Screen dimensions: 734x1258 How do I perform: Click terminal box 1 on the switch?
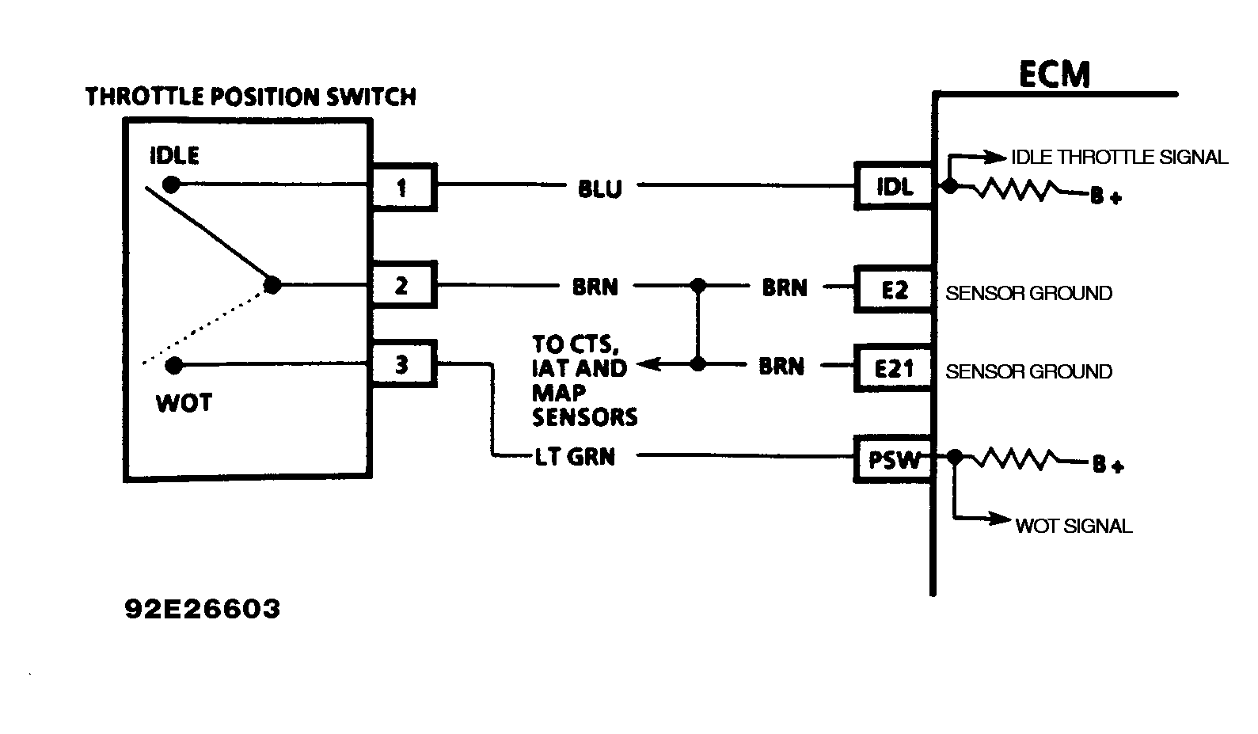(403, 188)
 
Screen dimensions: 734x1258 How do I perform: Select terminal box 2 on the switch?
(403, 285)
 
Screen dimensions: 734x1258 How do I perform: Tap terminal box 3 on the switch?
(403, 364)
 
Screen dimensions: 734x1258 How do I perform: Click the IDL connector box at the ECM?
(894, 186)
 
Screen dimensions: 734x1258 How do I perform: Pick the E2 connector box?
(894, 290)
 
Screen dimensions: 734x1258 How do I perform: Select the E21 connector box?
(894, 368)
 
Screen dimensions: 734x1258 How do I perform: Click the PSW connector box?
(894, 459)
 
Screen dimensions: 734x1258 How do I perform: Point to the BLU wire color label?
(599, 189)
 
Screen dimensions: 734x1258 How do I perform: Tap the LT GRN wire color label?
(575, 457)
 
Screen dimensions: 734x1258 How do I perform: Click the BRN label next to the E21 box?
(781, 367)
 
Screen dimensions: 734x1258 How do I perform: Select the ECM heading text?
(1054, 74)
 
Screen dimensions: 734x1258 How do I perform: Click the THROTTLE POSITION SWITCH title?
(250, 97)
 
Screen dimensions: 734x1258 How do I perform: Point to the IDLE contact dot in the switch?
(170, 184)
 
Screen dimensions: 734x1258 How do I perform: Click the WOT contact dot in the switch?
(174, 365)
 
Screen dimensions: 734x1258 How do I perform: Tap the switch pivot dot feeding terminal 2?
(272, 285)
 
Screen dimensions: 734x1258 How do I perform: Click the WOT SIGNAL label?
(1073, 526)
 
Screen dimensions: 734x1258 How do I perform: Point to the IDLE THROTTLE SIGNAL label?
(1119, 157)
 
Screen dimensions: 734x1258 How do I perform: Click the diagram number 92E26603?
(203, 608)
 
